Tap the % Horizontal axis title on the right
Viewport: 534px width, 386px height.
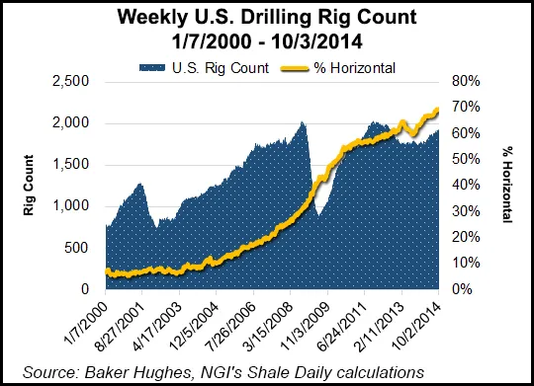(x=506, y=185)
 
